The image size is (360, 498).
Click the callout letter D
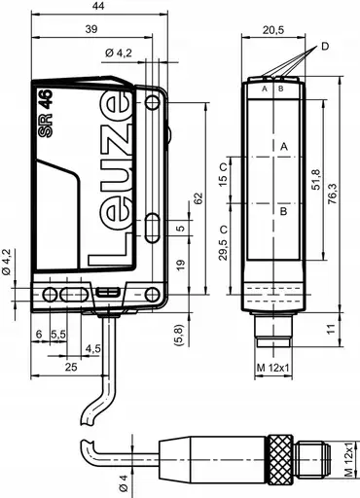point(324,46)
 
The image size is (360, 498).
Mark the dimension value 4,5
point(93,348)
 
